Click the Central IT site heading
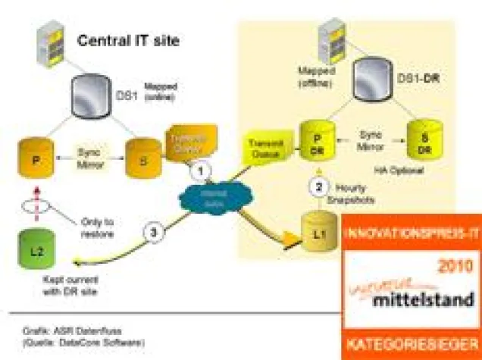click(130, 39)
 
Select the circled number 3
click(153, 234)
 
